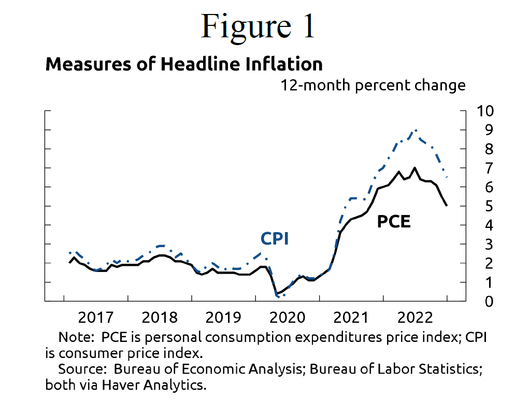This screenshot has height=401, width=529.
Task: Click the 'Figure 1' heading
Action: coord(258,26)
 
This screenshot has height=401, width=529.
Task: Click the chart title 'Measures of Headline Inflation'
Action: coord(184,64)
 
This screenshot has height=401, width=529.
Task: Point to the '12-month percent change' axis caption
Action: coord(373,85)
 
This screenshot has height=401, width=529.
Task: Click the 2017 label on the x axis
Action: coord(95,317)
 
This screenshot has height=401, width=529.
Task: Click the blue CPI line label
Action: coord(274,238)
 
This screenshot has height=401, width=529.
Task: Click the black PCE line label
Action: coord(393,222)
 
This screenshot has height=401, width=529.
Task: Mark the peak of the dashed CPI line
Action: coord(416,130)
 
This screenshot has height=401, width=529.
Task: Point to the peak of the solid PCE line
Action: coord(414,167)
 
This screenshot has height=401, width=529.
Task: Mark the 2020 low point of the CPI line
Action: coord(279,297)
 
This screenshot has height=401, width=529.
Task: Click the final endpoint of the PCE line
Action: coord(447,206)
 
